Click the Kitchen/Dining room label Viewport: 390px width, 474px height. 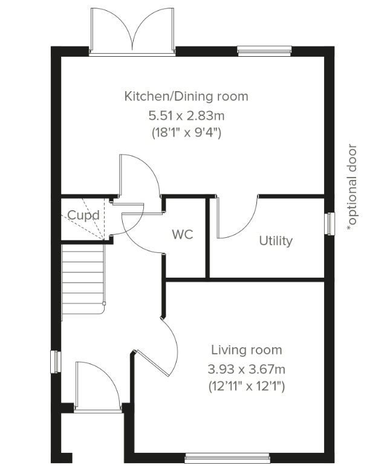[186, 97]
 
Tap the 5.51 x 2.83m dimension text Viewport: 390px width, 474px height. [186, 115]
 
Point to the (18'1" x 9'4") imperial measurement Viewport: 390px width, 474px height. [186, 132]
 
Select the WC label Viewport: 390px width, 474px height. [183, 234]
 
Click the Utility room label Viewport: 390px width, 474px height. [276, 241]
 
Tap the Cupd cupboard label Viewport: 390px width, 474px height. [83, 215]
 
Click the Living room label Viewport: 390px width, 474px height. [247, 350]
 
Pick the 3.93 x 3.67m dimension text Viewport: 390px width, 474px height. [247, 369]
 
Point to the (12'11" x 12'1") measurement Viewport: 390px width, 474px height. [247, 386]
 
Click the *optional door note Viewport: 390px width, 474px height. [352, 188]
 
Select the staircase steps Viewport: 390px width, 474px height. [83, 282]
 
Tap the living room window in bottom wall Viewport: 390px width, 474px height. [227, 458]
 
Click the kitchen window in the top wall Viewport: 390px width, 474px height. [264, 51]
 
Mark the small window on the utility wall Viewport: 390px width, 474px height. [330, 223]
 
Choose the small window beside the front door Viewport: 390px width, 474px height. [56, 362]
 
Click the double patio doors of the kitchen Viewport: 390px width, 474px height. [132, 32]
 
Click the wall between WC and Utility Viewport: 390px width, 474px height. [208, 237]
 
